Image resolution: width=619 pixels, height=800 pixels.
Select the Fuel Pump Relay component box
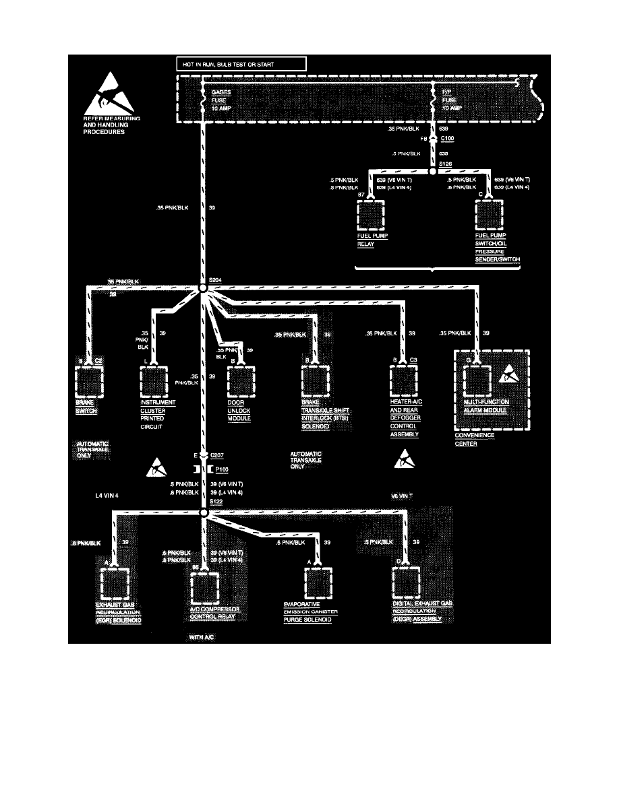pos(370,215)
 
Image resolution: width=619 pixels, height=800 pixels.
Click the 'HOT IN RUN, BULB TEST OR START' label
pos(239,64)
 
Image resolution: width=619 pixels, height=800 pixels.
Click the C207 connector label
pos(218,455)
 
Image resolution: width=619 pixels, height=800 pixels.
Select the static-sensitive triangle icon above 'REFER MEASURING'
pos(107,92)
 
